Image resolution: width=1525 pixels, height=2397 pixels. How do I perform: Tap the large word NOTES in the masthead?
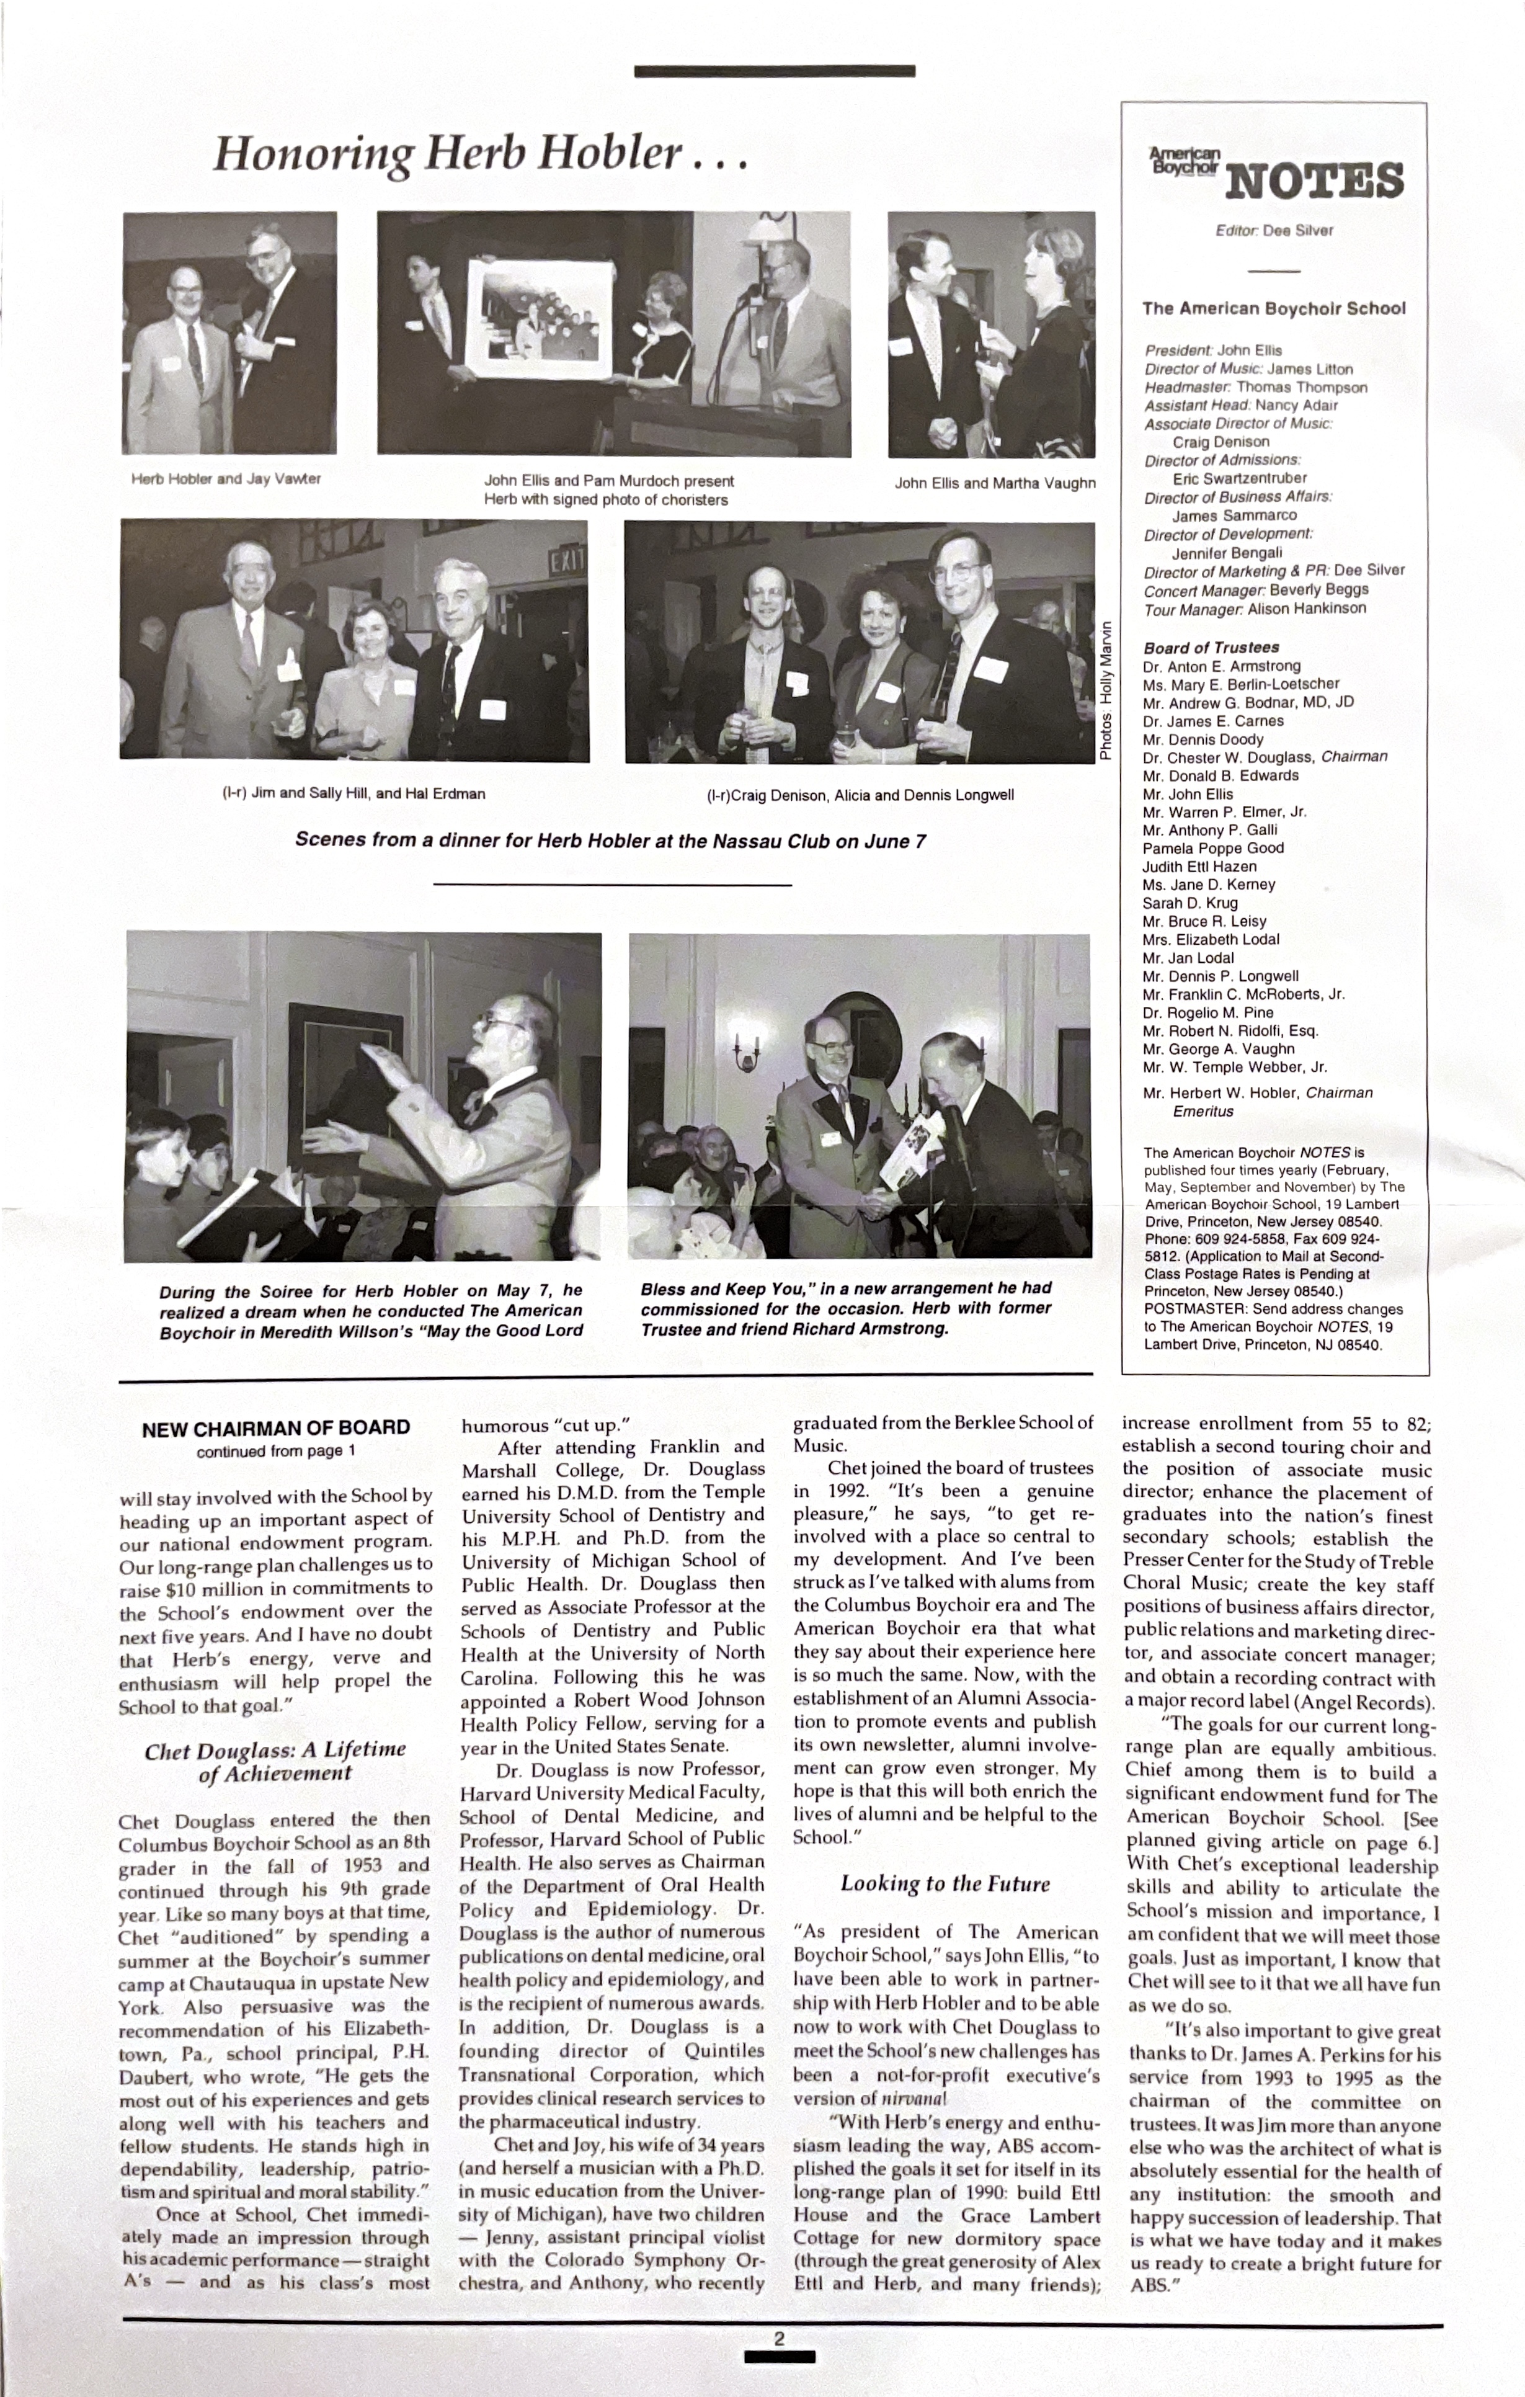click(x=1314, y=181)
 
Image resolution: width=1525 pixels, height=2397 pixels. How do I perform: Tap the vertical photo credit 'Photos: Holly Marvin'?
click(x=1105, y=691)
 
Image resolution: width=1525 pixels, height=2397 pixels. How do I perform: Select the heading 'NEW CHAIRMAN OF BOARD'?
click(x=276, y=1429)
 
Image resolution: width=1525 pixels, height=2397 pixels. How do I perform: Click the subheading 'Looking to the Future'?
click(x=945, y=1883)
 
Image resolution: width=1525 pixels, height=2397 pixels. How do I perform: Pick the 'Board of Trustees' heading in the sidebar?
click(x=1211, y=647)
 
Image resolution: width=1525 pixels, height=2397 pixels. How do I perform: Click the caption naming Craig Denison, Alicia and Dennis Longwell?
click(x=860, y=795)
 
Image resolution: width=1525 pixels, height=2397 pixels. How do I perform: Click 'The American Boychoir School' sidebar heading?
click(x=1273, y=308)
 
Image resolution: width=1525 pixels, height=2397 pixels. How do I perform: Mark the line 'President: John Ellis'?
click(x=1212, y=350)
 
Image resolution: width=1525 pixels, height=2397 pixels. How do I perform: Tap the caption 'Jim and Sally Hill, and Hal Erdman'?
click(x=353, y=793)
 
